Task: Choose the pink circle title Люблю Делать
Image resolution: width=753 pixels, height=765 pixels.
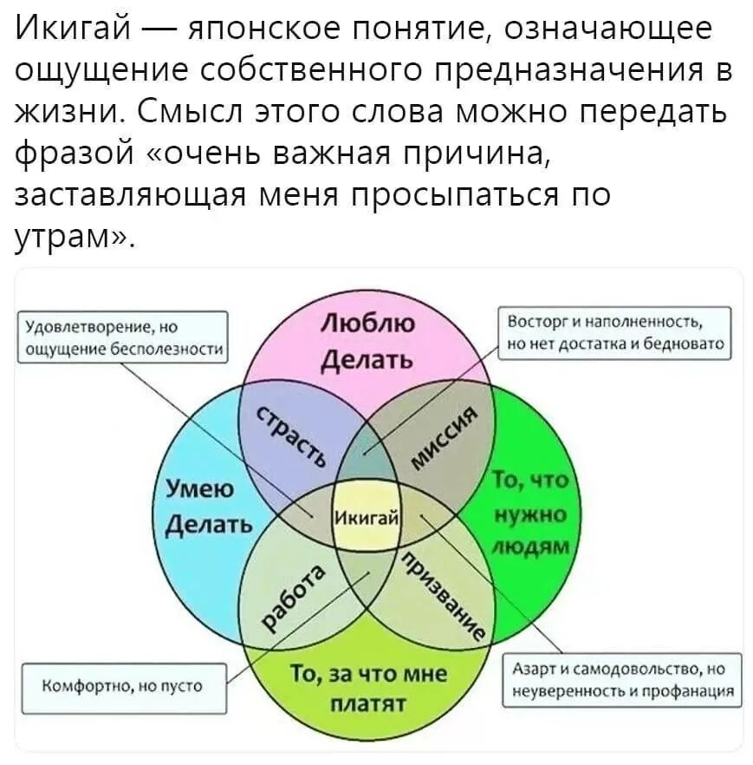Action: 367,340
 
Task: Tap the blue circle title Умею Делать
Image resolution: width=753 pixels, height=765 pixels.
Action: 207,507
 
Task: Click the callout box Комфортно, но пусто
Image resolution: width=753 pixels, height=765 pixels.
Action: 123,685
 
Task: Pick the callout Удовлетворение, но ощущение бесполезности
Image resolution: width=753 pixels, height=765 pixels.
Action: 124,337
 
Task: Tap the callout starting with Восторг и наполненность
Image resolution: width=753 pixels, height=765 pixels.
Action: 616,332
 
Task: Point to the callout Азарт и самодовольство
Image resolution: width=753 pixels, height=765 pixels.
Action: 622,681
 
